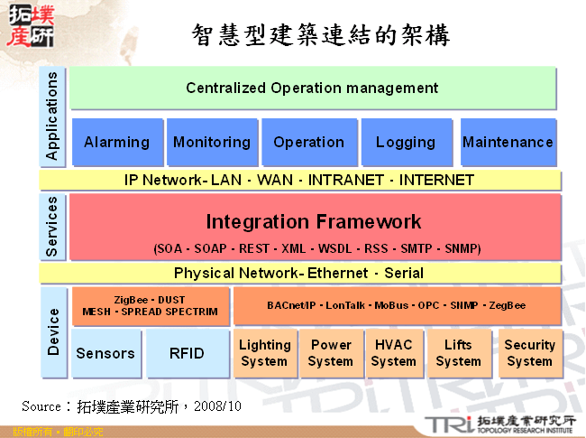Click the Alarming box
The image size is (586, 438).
(117, 142)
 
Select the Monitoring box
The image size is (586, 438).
(212, 142)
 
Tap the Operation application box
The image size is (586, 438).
(308, 142)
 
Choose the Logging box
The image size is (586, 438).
(406, 142)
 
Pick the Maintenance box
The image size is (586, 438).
(508, 142)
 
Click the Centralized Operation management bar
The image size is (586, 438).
(312, 88)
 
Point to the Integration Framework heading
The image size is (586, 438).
(313, 221)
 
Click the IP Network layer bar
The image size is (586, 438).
(299, 180)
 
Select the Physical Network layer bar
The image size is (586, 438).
(299, 273)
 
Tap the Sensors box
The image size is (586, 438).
(105, 353)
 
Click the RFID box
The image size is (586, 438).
(187, 353)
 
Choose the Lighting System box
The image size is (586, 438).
(264, 353)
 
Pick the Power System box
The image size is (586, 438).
(331, 353)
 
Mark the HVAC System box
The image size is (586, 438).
(393, 353)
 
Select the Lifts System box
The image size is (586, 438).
(458, 353)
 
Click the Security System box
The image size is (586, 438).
(529, 353)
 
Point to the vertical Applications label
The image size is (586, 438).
(51, 116)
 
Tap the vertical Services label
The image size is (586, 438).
(51, 226)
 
